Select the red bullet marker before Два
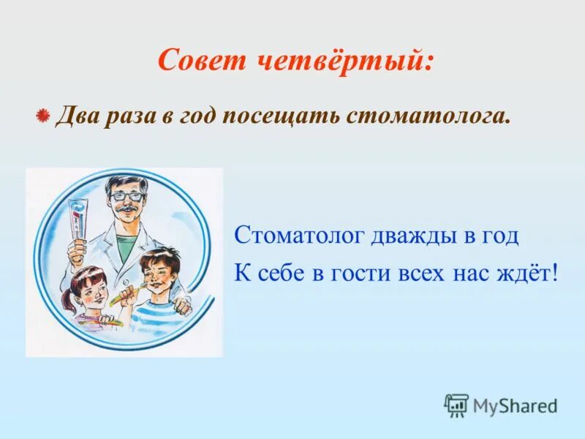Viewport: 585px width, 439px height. click(43, 116)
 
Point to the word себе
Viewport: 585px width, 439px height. click(281, 274)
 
